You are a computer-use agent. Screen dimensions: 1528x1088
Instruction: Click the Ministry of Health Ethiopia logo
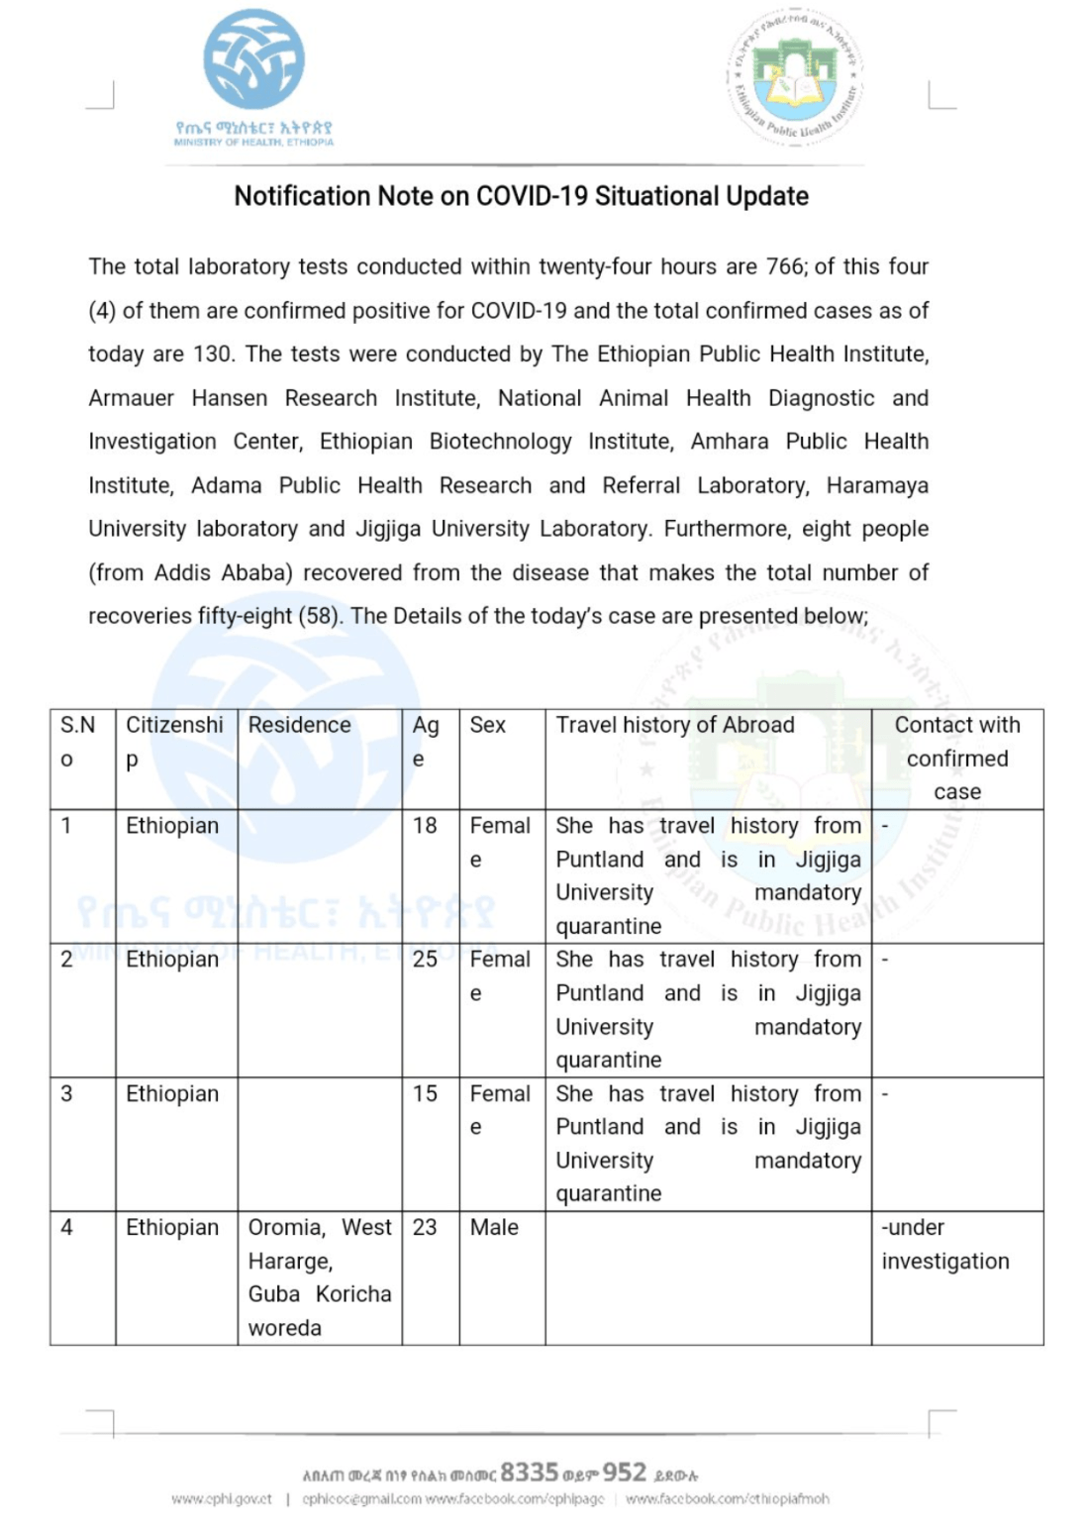click(x=253, y=61)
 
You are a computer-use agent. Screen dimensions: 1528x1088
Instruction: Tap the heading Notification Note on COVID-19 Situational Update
click(x=521, y=196)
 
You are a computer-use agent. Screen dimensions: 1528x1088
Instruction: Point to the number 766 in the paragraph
click(x=784, y=266)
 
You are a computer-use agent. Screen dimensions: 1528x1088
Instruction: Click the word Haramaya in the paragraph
click(x=877, y=485)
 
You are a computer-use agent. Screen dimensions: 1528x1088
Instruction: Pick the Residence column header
click(x=299, y=725)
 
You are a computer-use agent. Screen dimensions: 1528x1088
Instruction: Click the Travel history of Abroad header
click(x=674, y=725)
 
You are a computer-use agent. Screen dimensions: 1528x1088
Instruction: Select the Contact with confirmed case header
click(x=956, y=759)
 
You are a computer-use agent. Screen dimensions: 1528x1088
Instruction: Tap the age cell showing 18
click(x=425, y=826)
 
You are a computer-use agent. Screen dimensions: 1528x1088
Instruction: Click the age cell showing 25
click(x=425, y=960)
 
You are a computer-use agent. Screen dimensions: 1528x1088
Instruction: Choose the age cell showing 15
click(x=425, y=1093)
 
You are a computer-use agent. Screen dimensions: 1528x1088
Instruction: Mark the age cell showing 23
click(x=425, y=1227)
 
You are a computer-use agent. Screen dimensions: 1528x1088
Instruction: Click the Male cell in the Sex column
click(x=494, y=1227)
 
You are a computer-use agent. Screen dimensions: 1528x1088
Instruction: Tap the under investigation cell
click(x=945, y=1244)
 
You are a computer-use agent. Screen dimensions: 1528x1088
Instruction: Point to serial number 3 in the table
click(x=66, y=1093)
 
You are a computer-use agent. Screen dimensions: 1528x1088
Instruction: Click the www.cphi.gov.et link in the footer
click(x=222, y=1499)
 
